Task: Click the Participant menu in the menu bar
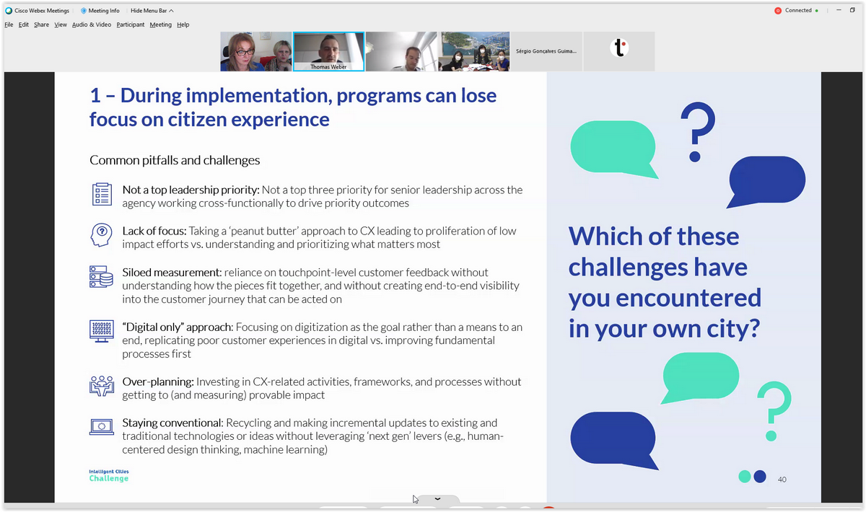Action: click(131, 25)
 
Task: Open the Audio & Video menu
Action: click(92, 25)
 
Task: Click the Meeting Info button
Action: click(100, 10)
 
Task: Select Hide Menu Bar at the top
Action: click(152, 10)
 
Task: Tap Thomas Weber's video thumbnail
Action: click(328, 51)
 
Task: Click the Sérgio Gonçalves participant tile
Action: click(546, 51)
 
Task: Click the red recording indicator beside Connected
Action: click(778, 10)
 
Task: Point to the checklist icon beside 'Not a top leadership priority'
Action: click(102, 195)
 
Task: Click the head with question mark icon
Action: click(101, 235)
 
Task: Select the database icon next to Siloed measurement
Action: click(101, 277)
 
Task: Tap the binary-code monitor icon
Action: click(102, 331)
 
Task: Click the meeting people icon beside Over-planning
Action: click(102, 386)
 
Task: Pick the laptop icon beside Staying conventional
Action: click(102, 427)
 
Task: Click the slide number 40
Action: click(782, 480)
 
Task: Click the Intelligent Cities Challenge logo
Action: click(109, 476)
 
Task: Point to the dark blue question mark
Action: click(698, 132)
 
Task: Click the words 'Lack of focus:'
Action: click(154, 231)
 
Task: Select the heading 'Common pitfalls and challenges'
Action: click(175, 160)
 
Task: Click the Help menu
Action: click(183, 25)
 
